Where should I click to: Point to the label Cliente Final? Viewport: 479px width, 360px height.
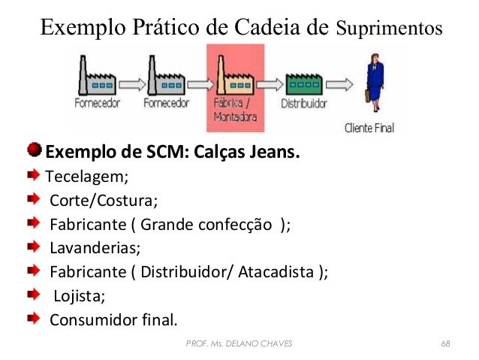pyautogui.click(x=369, y=128)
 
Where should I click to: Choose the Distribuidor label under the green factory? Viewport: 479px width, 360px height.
pyautogui.click(x=301, y=104)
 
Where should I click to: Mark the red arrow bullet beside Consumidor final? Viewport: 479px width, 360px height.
pyautogui.click(x=34, y=319)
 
